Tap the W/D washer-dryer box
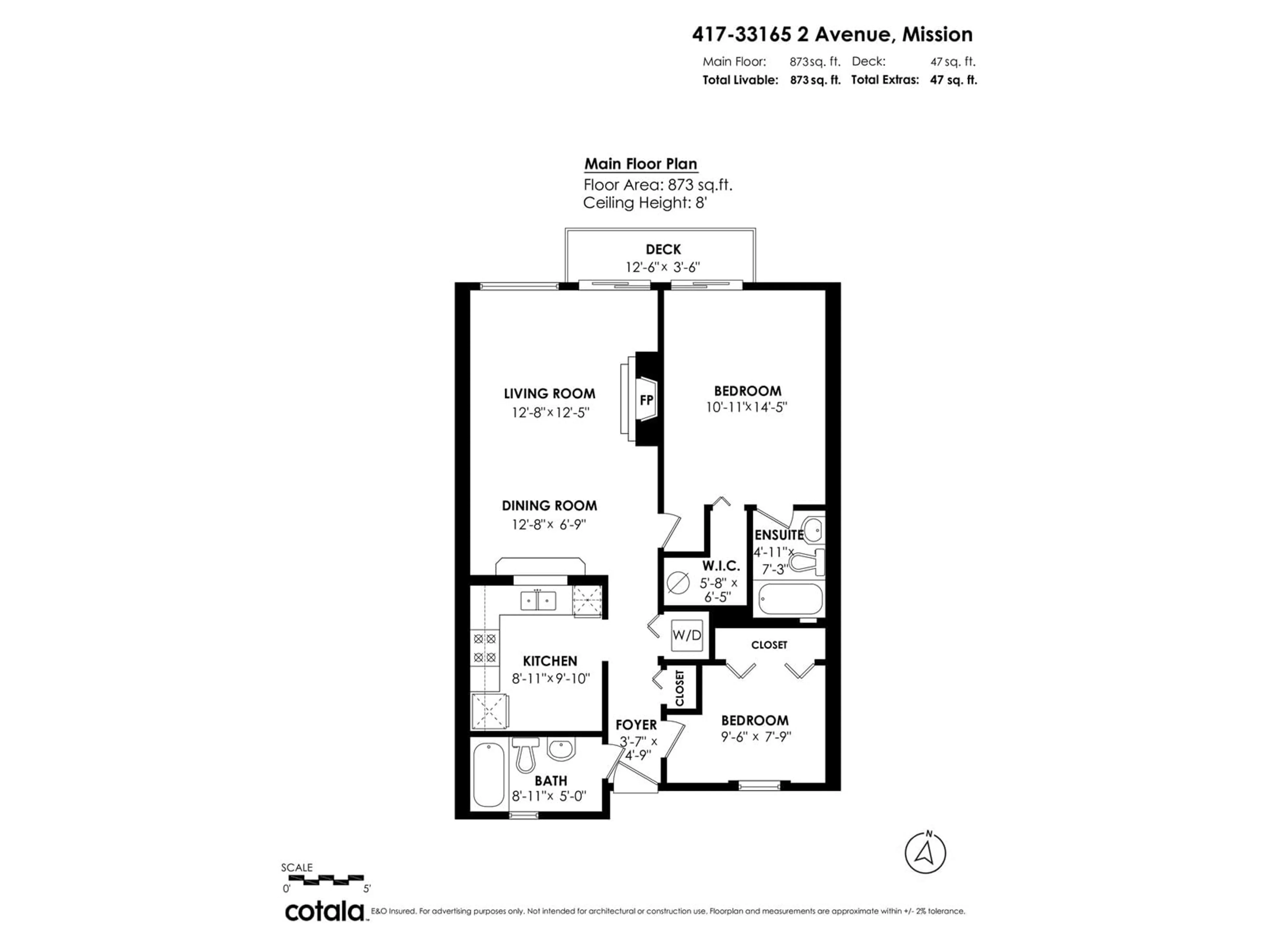[686, 635]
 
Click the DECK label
[663, 250]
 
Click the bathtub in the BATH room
[488, 775]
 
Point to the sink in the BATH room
[561, 750]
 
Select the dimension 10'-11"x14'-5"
[747, 408]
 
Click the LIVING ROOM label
[549, 394]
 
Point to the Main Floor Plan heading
[641, 164]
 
